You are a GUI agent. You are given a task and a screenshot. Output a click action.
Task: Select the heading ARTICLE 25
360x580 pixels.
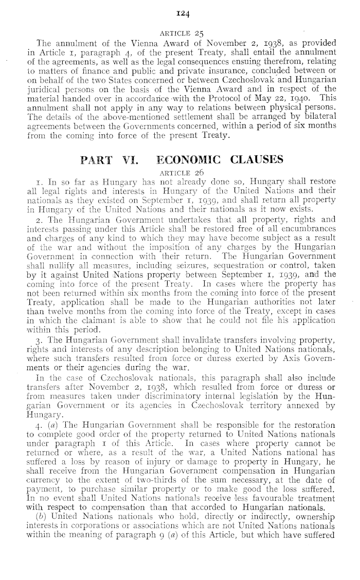pos(180,33)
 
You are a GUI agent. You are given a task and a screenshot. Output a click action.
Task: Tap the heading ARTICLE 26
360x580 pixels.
pos(180,172)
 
